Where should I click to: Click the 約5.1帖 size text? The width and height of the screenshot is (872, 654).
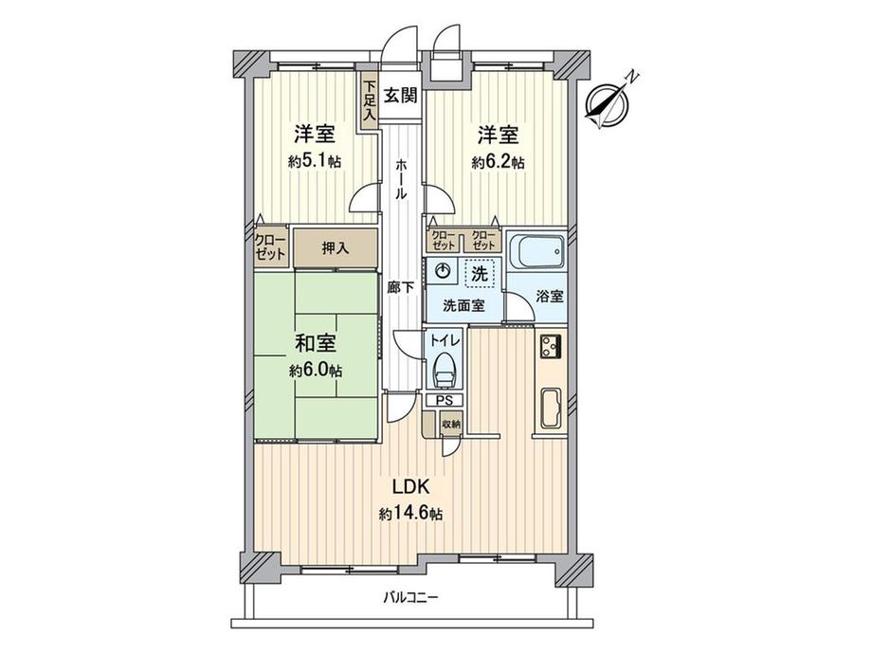[x=315, y=162]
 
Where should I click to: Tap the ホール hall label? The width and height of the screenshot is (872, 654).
[x=401, y=177]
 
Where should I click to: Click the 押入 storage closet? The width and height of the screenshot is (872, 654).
[x=335, y=249]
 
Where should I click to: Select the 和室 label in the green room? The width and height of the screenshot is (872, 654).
[x=315, y=343]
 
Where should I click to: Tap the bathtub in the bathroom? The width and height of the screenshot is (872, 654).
[x=537, y=251]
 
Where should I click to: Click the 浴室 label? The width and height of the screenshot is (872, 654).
[x=551, y=295]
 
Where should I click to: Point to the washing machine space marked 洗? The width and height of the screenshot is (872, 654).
[x=480, y=273]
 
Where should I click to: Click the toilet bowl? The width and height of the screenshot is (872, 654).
[x=443, y=369]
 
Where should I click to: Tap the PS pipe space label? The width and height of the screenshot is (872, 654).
[x=444, y=401]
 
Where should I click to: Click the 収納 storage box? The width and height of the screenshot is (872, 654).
[x=451, y=424]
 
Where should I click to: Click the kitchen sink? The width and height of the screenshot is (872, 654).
[x=551, y=409]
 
